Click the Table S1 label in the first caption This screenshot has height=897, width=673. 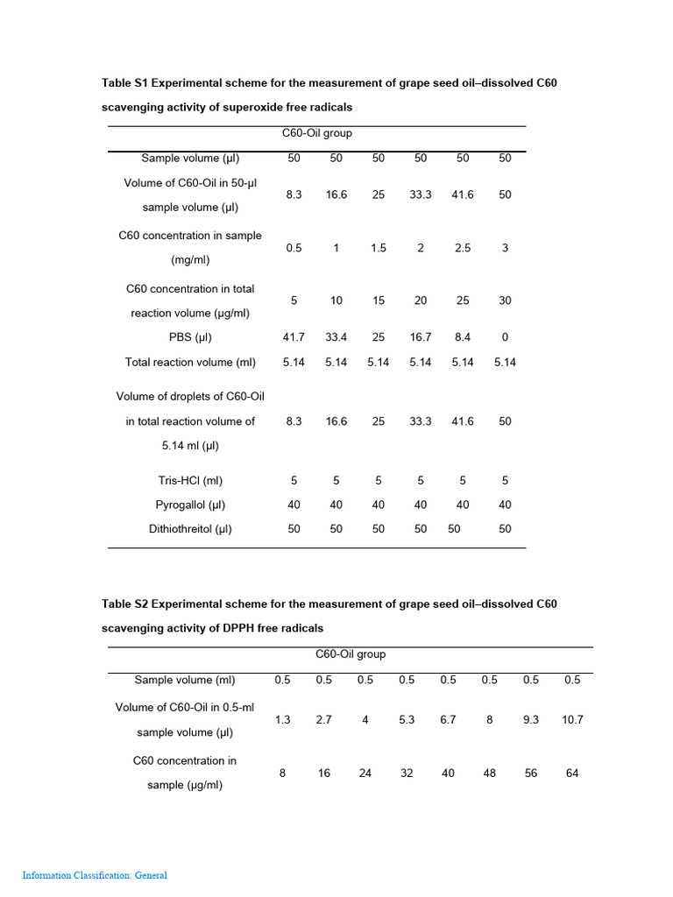[128, 83]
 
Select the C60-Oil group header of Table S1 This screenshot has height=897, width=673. [316, 133]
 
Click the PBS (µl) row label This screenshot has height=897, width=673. [190, 337]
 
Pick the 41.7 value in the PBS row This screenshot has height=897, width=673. [294, 337]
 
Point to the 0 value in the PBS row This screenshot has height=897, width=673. [505, 337]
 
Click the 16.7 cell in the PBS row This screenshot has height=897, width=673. [421, 337]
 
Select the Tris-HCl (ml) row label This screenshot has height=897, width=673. [190, 480]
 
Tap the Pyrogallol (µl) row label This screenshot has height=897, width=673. [190, 505]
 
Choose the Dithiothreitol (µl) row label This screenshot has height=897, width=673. [190, 529]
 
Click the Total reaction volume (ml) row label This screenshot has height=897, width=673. [190, 362]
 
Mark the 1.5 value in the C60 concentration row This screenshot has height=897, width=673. [379, 248]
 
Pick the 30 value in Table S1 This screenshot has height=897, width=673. [505, 300]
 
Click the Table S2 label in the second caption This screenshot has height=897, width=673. [128, 604]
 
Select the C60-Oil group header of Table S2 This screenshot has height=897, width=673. [351, 654]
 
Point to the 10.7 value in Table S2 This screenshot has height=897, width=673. [572, 720]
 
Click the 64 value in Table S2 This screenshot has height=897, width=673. [572, 773]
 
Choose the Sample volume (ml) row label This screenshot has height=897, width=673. [185, 680]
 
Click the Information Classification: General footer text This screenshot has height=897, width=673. [95, 875]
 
